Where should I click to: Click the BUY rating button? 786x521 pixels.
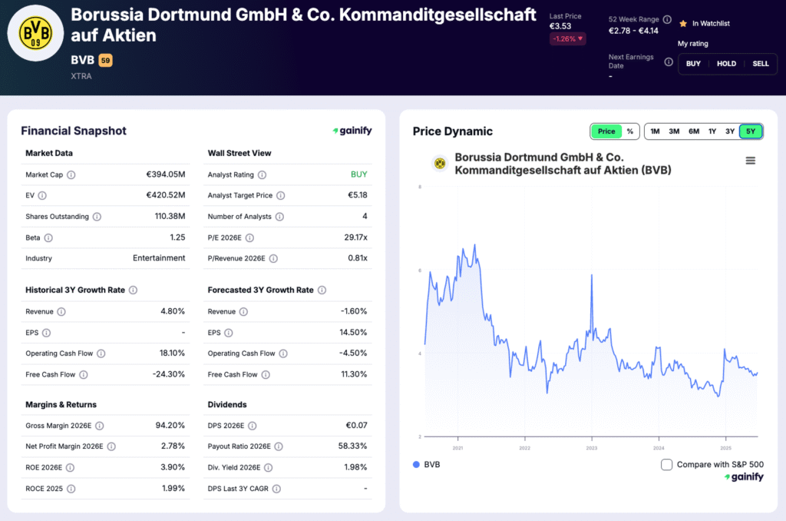pos(693,64)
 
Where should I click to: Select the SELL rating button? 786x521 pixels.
pos(760,64)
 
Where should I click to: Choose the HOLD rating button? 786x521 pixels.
pos(726,64)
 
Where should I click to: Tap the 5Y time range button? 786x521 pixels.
pos(750,131)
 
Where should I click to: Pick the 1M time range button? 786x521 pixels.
pos(655,131)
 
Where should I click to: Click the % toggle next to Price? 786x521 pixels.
pos(630,131)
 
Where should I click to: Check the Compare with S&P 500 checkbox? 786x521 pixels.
pos(666,465)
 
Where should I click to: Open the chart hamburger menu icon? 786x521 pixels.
pos(751,161)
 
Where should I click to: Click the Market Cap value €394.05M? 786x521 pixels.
pos(166,175)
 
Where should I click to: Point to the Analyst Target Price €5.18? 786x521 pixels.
pos(357,196)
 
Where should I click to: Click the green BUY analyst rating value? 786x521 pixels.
pos(358,175)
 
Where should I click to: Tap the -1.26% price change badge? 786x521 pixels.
pos(566,39)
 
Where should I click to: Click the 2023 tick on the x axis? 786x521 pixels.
pos(592,448)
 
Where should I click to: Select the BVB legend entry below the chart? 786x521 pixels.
pos(427,465)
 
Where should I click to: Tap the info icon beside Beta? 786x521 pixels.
pos(48,238)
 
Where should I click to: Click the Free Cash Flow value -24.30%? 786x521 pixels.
pos(169,375)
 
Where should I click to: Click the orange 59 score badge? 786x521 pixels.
pos(105,60)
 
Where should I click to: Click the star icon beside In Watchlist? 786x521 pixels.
pos(682,24)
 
